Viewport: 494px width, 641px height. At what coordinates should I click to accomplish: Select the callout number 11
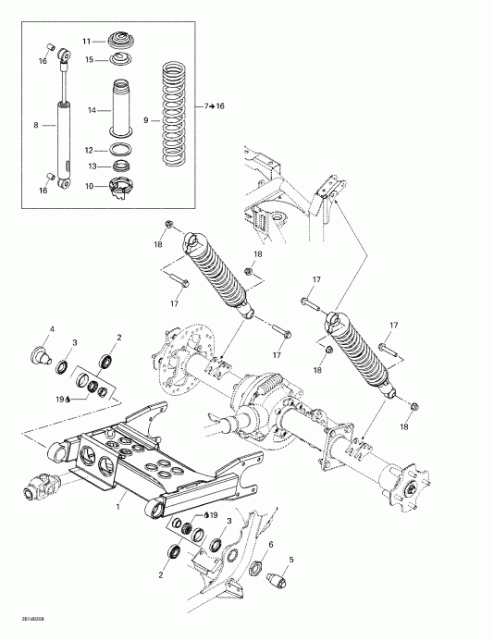88,43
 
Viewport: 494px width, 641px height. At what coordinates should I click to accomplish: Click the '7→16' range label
214,107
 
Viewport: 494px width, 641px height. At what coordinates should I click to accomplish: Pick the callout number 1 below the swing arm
119,507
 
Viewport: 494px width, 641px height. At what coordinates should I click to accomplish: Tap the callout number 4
52,329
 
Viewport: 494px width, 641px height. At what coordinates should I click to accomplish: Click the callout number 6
270,545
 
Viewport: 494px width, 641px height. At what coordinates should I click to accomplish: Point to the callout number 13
90,166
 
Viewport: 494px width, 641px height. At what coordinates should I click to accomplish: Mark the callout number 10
90,186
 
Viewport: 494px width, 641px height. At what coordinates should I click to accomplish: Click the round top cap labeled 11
120,41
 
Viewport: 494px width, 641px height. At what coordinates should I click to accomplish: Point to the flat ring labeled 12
121,148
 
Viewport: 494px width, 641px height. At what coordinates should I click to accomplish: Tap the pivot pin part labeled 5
276,582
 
